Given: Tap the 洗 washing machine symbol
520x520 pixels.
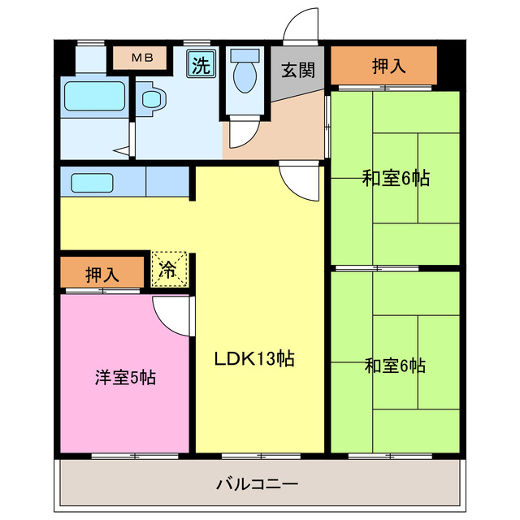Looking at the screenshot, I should click(x=200, y=64).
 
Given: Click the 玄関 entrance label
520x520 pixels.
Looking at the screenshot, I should click(x=297, y=70).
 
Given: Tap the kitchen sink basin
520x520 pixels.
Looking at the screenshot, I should click(x=92, y=183).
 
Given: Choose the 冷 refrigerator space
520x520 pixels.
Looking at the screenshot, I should click(x=168, y=270).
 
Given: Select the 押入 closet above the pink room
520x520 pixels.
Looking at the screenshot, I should click(x=102, y=274).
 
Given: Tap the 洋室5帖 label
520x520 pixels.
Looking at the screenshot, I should click(x=125, y=377).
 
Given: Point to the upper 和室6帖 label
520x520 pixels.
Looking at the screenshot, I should click(x=396, y=179).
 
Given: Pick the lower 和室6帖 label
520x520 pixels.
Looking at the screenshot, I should click(x=395, y=366).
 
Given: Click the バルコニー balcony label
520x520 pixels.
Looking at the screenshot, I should click(x=257, y=485).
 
